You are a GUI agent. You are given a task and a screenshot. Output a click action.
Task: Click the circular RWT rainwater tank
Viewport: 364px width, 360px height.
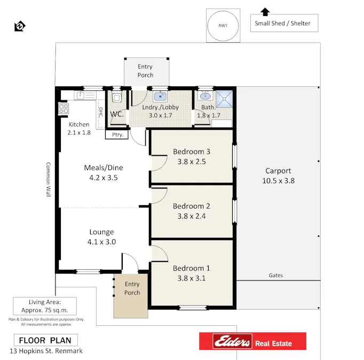[221, 25]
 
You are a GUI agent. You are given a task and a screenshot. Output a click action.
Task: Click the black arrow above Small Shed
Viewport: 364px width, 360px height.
[265, 11]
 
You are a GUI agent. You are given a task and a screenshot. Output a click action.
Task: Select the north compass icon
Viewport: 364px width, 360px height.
[20, 26]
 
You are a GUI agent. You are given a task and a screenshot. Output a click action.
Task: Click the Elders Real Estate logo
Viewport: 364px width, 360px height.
[252, 341]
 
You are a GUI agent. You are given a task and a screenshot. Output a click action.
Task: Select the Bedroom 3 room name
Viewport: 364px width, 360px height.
[191, 151]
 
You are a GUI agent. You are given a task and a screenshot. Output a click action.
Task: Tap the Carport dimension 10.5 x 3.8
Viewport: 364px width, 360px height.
[278, 181]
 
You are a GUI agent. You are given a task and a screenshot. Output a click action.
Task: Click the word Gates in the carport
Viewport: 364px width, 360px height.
[276, 275]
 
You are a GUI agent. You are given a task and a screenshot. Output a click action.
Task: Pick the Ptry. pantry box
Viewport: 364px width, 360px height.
[117, 135]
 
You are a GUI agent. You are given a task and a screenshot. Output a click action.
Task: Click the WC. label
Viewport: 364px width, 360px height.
[117, 114]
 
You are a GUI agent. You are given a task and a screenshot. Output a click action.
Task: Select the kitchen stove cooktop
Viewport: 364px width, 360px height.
[63, 108]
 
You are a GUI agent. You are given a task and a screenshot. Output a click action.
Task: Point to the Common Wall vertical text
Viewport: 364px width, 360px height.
[48, 180]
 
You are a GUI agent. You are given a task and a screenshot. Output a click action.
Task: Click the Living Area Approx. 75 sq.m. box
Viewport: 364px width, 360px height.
[45, 306]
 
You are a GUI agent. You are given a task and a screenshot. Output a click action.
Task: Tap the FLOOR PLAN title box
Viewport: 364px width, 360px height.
[45, 340]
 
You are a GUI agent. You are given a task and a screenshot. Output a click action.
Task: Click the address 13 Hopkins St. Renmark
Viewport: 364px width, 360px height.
[46, 351]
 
